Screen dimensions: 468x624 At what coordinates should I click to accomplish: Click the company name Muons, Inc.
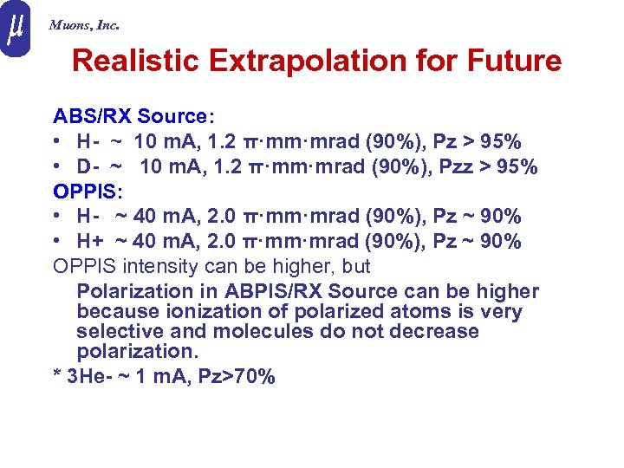pos(84,25)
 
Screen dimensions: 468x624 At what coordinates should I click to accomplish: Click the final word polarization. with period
pos(137,352)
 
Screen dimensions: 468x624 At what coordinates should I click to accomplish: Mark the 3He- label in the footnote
pos(92,376)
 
